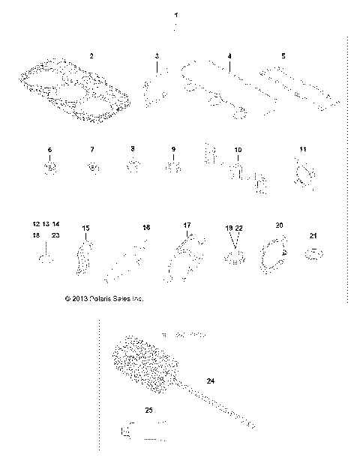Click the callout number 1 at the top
(176, 15)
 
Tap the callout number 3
(157, 57)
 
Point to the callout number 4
(229, 57)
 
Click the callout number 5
(283, 56)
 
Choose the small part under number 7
(91, 166)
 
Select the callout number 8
(132, 149)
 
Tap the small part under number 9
(173, 165)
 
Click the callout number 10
(238, 151)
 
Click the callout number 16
(146, 227)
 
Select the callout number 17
(187, 225)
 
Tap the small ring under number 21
(313, 255)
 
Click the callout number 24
(211, 381)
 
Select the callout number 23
(55, 235)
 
